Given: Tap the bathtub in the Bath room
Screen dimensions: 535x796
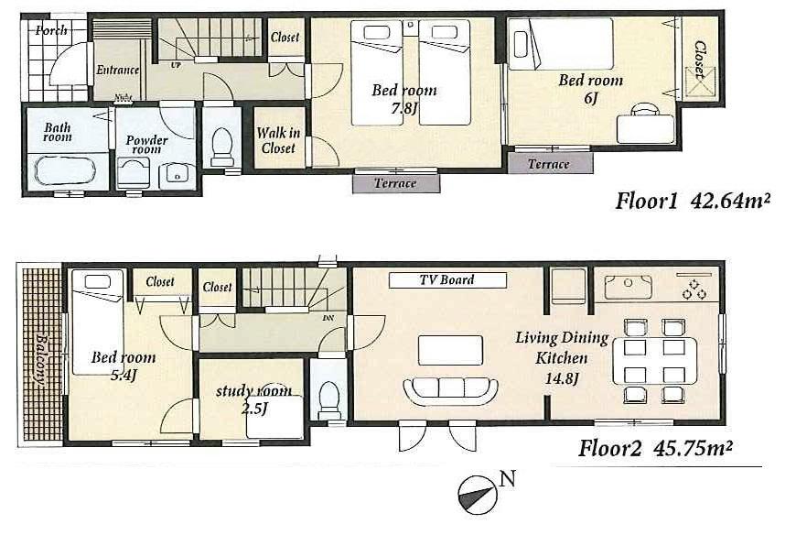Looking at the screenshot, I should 64,171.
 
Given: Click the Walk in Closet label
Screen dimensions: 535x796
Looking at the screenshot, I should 278,140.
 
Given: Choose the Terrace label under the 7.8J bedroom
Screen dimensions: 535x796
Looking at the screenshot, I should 395,183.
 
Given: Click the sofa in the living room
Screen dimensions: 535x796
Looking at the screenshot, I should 450,389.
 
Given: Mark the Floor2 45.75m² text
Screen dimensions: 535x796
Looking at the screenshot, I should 656,449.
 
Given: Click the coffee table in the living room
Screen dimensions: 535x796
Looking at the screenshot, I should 450,350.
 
